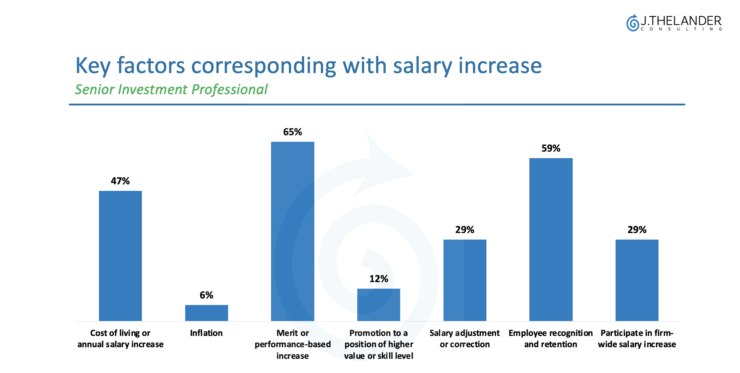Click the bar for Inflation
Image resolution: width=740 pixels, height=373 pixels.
(x=206, y=313)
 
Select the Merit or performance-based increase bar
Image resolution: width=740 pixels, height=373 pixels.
(x=293, y=231)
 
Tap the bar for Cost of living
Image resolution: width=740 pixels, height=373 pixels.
(x=120, y=256)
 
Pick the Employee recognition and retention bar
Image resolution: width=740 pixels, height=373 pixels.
(x=551, y=239)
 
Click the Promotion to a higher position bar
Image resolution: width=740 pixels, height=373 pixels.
(x=378, y=305)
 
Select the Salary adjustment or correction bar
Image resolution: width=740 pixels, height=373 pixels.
(x=465, y=280)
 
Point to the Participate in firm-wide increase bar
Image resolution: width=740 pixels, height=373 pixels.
(x=637, y=280)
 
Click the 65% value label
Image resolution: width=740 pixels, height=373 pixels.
(x=293, y=132)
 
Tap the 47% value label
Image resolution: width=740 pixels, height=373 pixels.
(x=120, y=181)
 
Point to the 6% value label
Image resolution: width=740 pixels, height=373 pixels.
(x=206, y=295)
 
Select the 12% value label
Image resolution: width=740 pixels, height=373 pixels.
(x=378, y=279)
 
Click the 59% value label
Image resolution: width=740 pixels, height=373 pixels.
(x=551, y=148)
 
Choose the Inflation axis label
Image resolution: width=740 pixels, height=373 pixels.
(x=206, y=333)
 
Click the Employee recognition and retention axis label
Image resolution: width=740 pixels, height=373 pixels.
(x=550, y=338)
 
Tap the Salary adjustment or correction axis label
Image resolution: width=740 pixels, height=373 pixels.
(x=465, y=338)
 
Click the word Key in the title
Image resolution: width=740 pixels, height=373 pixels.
(x=93, y=66)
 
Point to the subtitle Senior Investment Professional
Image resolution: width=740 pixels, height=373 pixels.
(x=171, y=89)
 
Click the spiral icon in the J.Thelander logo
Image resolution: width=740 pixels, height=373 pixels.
(x=633, y=23)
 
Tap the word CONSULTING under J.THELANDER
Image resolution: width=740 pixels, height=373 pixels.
(x=681, y=29)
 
